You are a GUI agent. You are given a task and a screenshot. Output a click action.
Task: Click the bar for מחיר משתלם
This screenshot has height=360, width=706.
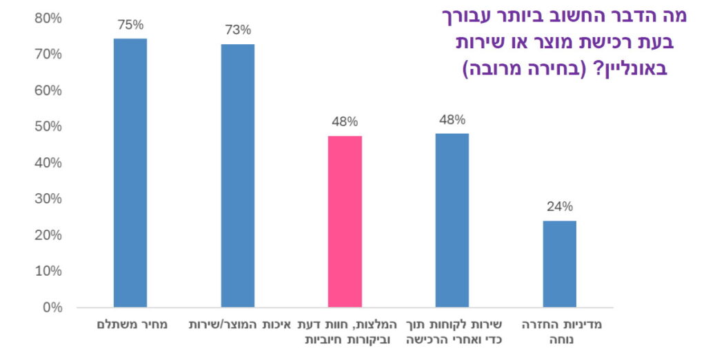[130, 172]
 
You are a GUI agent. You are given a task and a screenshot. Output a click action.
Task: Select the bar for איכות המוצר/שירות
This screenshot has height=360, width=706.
[238, 175]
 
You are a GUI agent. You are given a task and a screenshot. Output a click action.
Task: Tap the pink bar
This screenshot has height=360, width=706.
[345, 221]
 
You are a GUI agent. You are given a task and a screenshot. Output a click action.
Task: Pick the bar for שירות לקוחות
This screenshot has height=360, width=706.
[452, 220]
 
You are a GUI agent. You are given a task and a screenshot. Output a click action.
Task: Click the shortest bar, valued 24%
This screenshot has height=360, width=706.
[559, 263]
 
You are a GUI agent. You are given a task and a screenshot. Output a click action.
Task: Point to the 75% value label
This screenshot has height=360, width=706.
[130, 25]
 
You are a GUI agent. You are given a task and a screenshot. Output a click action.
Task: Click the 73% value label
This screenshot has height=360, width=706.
[238, 30]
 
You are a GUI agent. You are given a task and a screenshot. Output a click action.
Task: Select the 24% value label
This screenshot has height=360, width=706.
[559, 206]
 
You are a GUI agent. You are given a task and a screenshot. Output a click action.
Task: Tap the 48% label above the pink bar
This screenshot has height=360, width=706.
[345, 121]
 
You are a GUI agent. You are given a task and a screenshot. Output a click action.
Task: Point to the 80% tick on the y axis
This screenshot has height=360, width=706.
[48, 19]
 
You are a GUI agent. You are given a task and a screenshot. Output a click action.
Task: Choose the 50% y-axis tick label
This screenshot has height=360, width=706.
[48, 127]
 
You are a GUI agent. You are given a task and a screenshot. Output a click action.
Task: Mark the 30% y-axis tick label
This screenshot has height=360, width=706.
[48, 199]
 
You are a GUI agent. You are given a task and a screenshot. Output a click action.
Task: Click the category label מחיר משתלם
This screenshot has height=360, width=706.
[130, 324]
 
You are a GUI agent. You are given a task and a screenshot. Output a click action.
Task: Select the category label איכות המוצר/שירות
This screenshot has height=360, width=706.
[240, 324]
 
